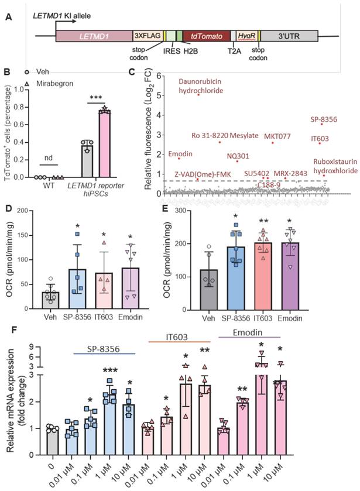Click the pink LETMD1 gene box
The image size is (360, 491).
coord(94,36)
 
